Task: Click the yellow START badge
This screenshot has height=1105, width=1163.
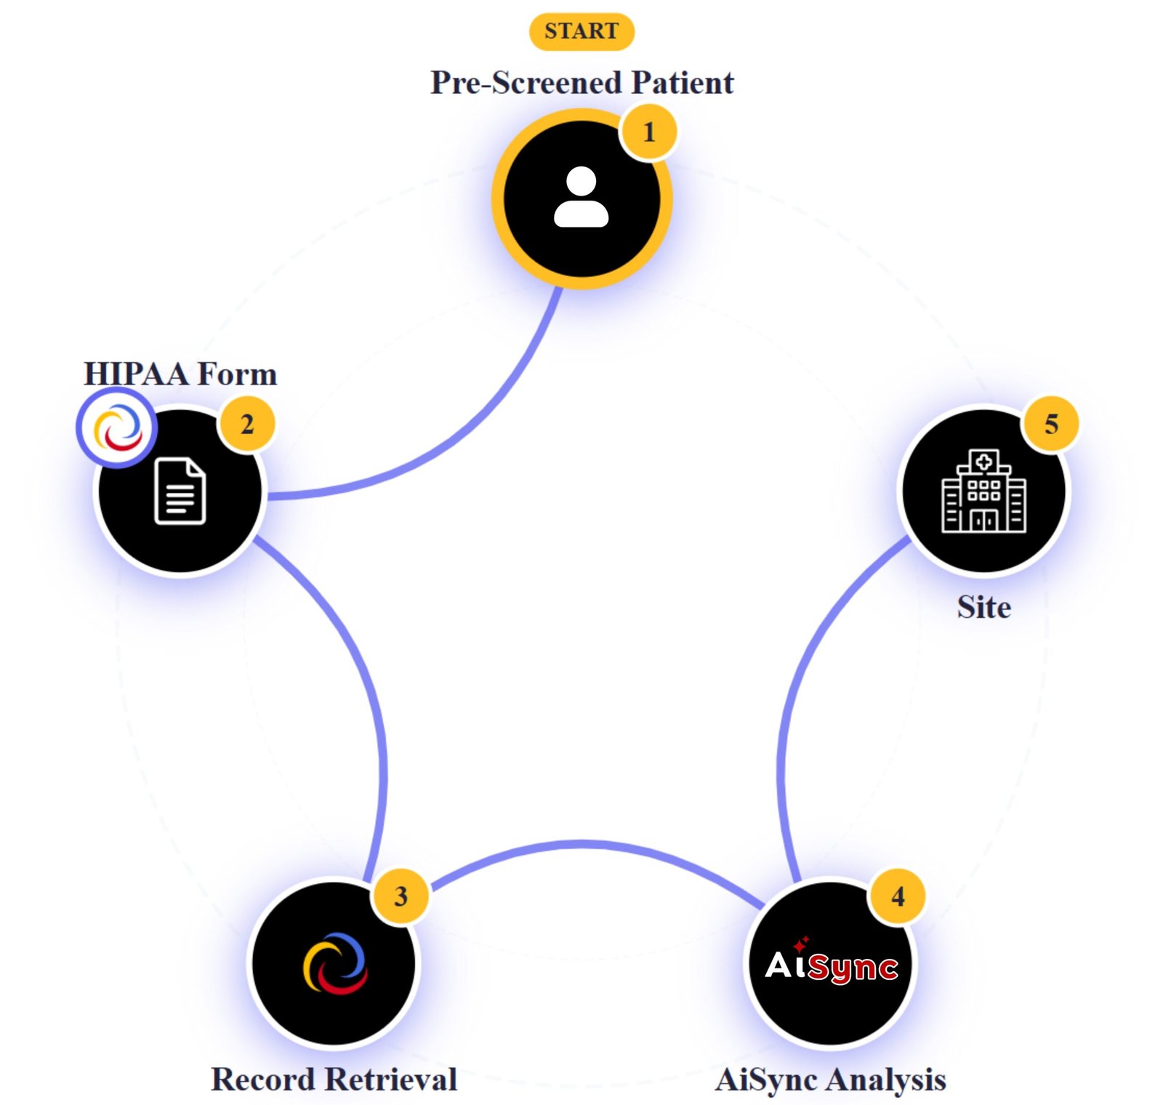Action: coord(581,31)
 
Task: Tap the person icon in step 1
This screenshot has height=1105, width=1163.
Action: coord(581,198)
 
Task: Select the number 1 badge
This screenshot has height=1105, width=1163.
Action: coord(648,132)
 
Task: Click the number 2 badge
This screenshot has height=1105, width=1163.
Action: coord(246,424)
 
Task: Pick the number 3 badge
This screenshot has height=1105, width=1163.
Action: coord(400,896)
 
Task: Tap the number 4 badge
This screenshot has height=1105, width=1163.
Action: coord(898,896)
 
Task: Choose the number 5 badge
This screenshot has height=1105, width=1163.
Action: coord(1050,424)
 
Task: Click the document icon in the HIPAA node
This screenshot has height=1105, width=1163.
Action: coord(180,491)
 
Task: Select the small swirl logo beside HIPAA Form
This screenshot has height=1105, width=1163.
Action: coord(116,427)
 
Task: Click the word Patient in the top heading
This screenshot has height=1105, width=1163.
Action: coord(682,82)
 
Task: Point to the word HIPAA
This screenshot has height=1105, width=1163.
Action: coord(136,374)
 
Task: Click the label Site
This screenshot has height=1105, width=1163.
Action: coord(983,606)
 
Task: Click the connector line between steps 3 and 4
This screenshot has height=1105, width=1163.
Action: coord(581,843)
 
